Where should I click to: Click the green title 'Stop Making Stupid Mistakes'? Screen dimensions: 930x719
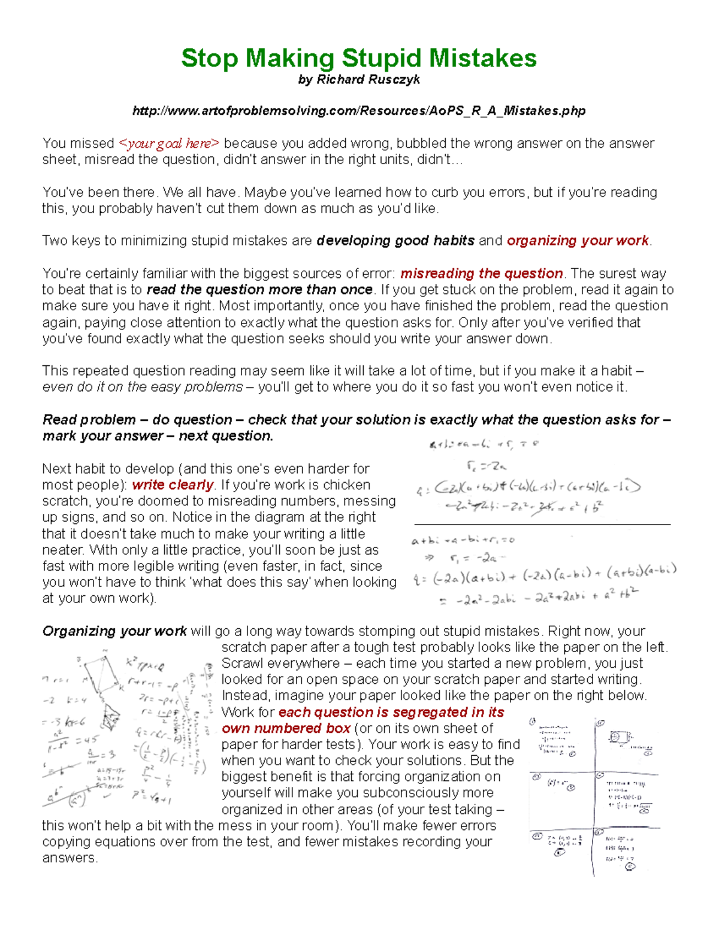pyautogui.click(x=358, y=58)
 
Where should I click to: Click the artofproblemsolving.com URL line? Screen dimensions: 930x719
pyautogui.click(x=358, y=111)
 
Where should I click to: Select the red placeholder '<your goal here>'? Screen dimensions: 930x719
pyautogui.click(x=169, y=144)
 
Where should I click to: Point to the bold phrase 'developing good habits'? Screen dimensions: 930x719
pyautogui.click(x=395, y=241)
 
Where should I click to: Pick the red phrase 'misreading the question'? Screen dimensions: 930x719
pyautogui.click(x=481, y=274)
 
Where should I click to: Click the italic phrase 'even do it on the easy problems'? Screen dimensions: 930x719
pyautogui.click(x=143, y=387)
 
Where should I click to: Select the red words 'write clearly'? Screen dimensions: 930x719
pyautogui.click(x=173, y=485)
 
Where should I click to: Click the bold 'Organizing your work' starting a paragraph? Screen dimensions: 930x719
pyautogui.click(x=114, y=631)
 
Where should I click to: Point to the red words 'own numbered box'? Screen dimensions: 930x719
pyautogui.click(x=286, y=729)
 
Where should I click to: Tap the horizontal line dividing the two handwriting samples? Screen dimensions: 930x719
pyautogui.click(x=542, y=525)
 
